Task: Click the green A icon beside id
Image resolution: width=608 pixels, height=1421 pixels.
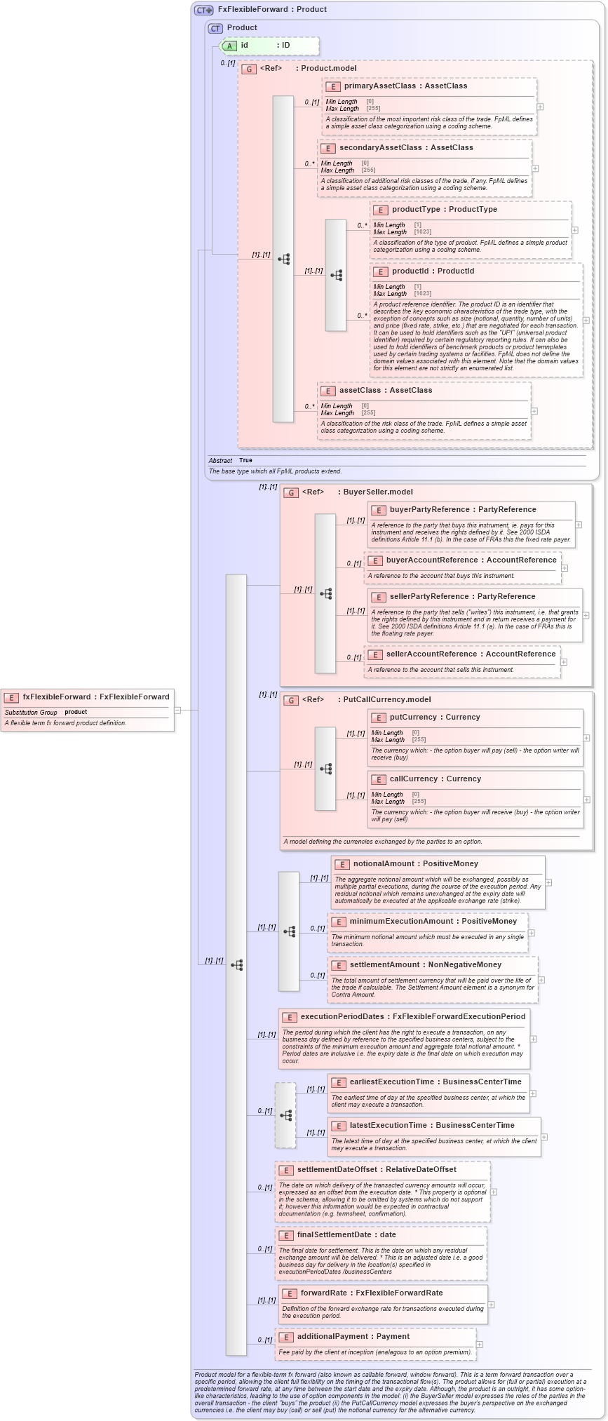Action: (229, 46)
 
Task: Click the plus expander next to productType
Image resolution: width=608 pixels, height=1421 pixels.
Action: (575, 230)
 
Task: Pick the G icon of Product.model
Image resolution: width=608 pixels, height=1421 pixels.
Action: (249, 69)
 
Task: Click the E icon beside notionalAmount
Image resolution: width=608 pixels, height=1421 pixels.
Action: (342, 864)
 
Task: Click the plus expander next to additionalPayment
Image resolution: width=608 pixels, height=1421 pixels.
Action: (479, 1345)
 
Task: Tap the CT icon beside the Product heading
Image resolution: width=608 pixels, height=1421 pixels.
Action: (215, 28)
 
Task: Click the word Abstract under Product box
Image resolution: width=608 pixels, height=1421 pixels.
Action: (220, 461)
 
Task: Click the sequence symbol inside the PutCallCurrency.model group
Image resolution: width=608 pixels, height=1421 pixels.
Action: (325, 769)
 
